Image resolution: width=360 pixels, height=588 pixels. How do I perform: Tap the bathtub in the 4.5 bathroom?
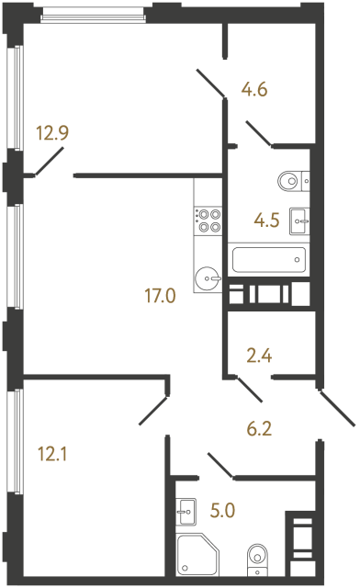pyautogui.click(x=267, y=259)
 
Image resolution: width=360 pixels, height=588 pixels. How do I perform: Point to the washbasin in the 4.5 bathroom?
pyautogui.click(x=299, y=219)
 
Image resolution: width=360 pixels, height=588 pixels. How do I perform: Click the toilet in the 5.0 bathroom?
pyautogui.click(x=256, y=555)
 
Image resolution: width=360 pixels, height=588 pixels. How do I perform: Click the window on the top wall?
pyautogui.click(x=94, y=15)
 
